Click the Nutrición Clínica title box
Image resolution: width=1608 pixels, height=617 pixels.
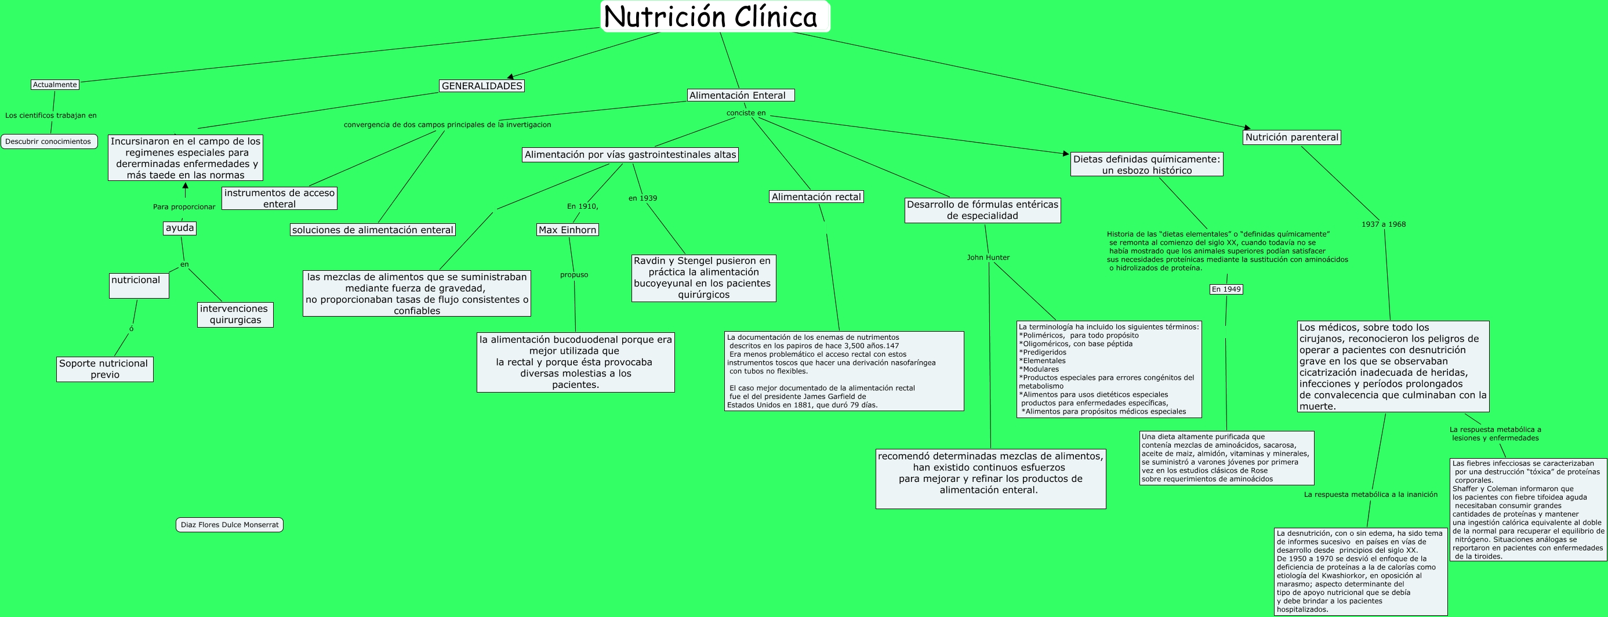(715, 16)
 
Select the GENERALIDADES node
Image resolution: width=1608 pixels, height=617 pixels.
(481, 86)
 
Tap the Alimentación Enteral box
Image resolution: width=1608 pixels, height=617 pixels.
(741, 95)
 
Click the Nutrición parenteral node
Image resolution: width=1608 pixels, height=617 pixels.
(1291, 137)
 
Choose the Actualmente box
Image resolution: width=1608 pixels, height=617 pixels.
(55, 84)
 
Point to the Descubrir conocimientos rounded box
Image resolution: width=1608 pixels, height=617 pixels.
(49, 141)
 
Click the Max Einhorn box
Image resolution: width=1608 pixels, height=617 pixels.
(567, 230)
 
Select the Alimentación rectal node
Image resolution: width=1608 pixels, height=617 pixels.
(816, 197)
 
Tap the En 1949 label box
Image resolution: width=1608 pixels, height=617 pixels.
(1226, 289)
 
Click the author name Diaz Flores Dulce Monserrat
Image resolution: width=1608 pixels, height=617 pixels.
(229, 525)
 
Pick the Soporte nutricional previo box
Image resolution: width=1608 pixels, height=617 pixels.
(104, 369)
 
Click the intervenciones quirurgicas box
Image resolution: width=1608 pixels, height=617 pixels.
(235, 314)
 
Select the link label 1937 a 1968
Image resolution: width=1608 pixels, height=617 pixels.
(1383, 224)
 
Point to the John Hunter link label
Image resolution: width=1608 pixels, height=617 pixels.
(988, 257)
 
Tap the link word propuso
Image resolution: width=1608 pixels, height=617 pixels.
(573, 275)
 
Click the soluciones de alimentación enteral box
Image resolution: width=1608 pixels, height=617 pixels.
(373, 230)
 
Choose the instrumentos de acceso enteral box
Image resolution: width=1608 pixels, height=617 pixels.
(279, 198)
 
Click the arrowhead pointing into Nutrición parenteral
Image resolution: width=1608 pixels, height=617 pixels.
(1247, 129)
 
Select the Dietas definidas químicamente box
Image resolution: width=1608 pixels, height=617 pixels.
(1146, 164)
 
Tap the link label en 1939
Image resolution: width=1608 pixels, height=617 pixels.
(643, 198)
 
